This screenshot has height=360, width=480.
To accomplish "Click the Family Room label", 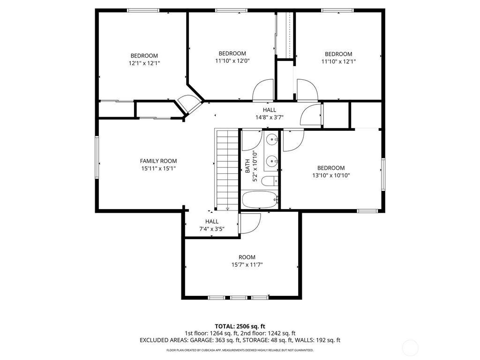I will [158, 161].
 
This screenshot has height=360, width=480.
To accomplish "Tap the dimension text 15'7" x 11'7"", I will [247, 264].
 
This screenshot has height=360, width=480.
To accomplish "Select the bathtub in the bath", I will [260, 200].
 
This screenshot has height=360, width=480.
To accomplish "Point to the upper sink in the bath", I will [271, 139].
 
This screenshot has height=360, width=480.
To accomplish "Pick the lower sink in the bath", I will [271, 162].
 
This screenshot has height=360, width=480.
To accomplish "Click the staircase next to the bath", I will [227, 169].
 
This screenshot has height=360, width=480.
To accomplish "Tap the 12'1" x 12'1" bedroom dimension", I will [144, 63].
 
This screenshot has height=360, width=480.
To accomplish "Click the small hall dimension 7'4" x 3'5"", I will [211, 229].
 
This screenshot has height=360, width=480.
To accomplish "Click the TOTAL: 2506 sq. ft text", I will [240, 326].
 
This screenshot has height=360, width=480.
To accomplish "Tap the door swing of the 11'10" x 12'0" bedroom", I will [263, 90].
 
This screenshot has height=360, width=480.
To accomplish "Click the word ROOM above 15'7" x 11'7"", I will [247, 257].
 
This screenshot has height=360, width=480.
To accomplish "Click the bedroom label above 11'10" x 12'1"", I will [338, 54].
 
